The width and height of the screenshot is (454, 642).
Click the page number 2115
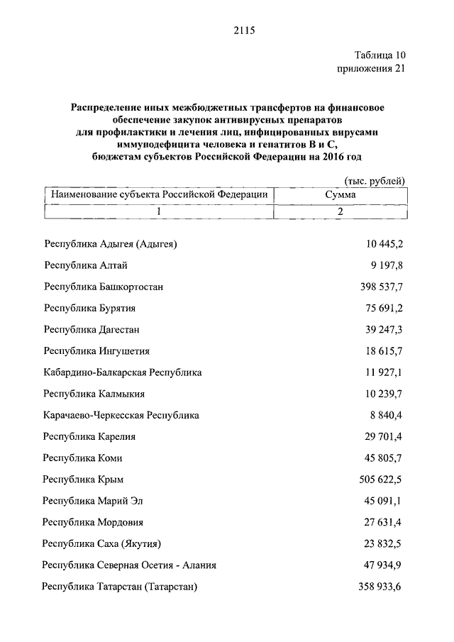point(243,31)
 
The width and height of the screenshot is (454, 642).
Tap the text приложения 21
point(370,69)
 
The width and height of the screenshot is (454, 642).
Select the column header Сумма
point(340,194)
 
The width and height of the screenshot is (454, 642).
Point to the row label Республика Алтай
point(86,265)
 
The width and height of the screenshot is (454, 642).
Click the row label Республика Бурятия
point(89,308)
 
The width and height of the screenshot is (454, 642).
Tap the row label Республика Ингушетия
point(96,350)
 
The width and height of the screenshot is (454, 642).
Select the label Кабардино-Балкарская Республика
point(123,372)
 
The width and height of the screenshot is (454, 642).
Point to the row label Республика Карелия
point(89,436)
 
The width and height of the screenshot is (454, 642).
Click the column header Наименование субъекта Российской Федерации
point(157,194)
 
